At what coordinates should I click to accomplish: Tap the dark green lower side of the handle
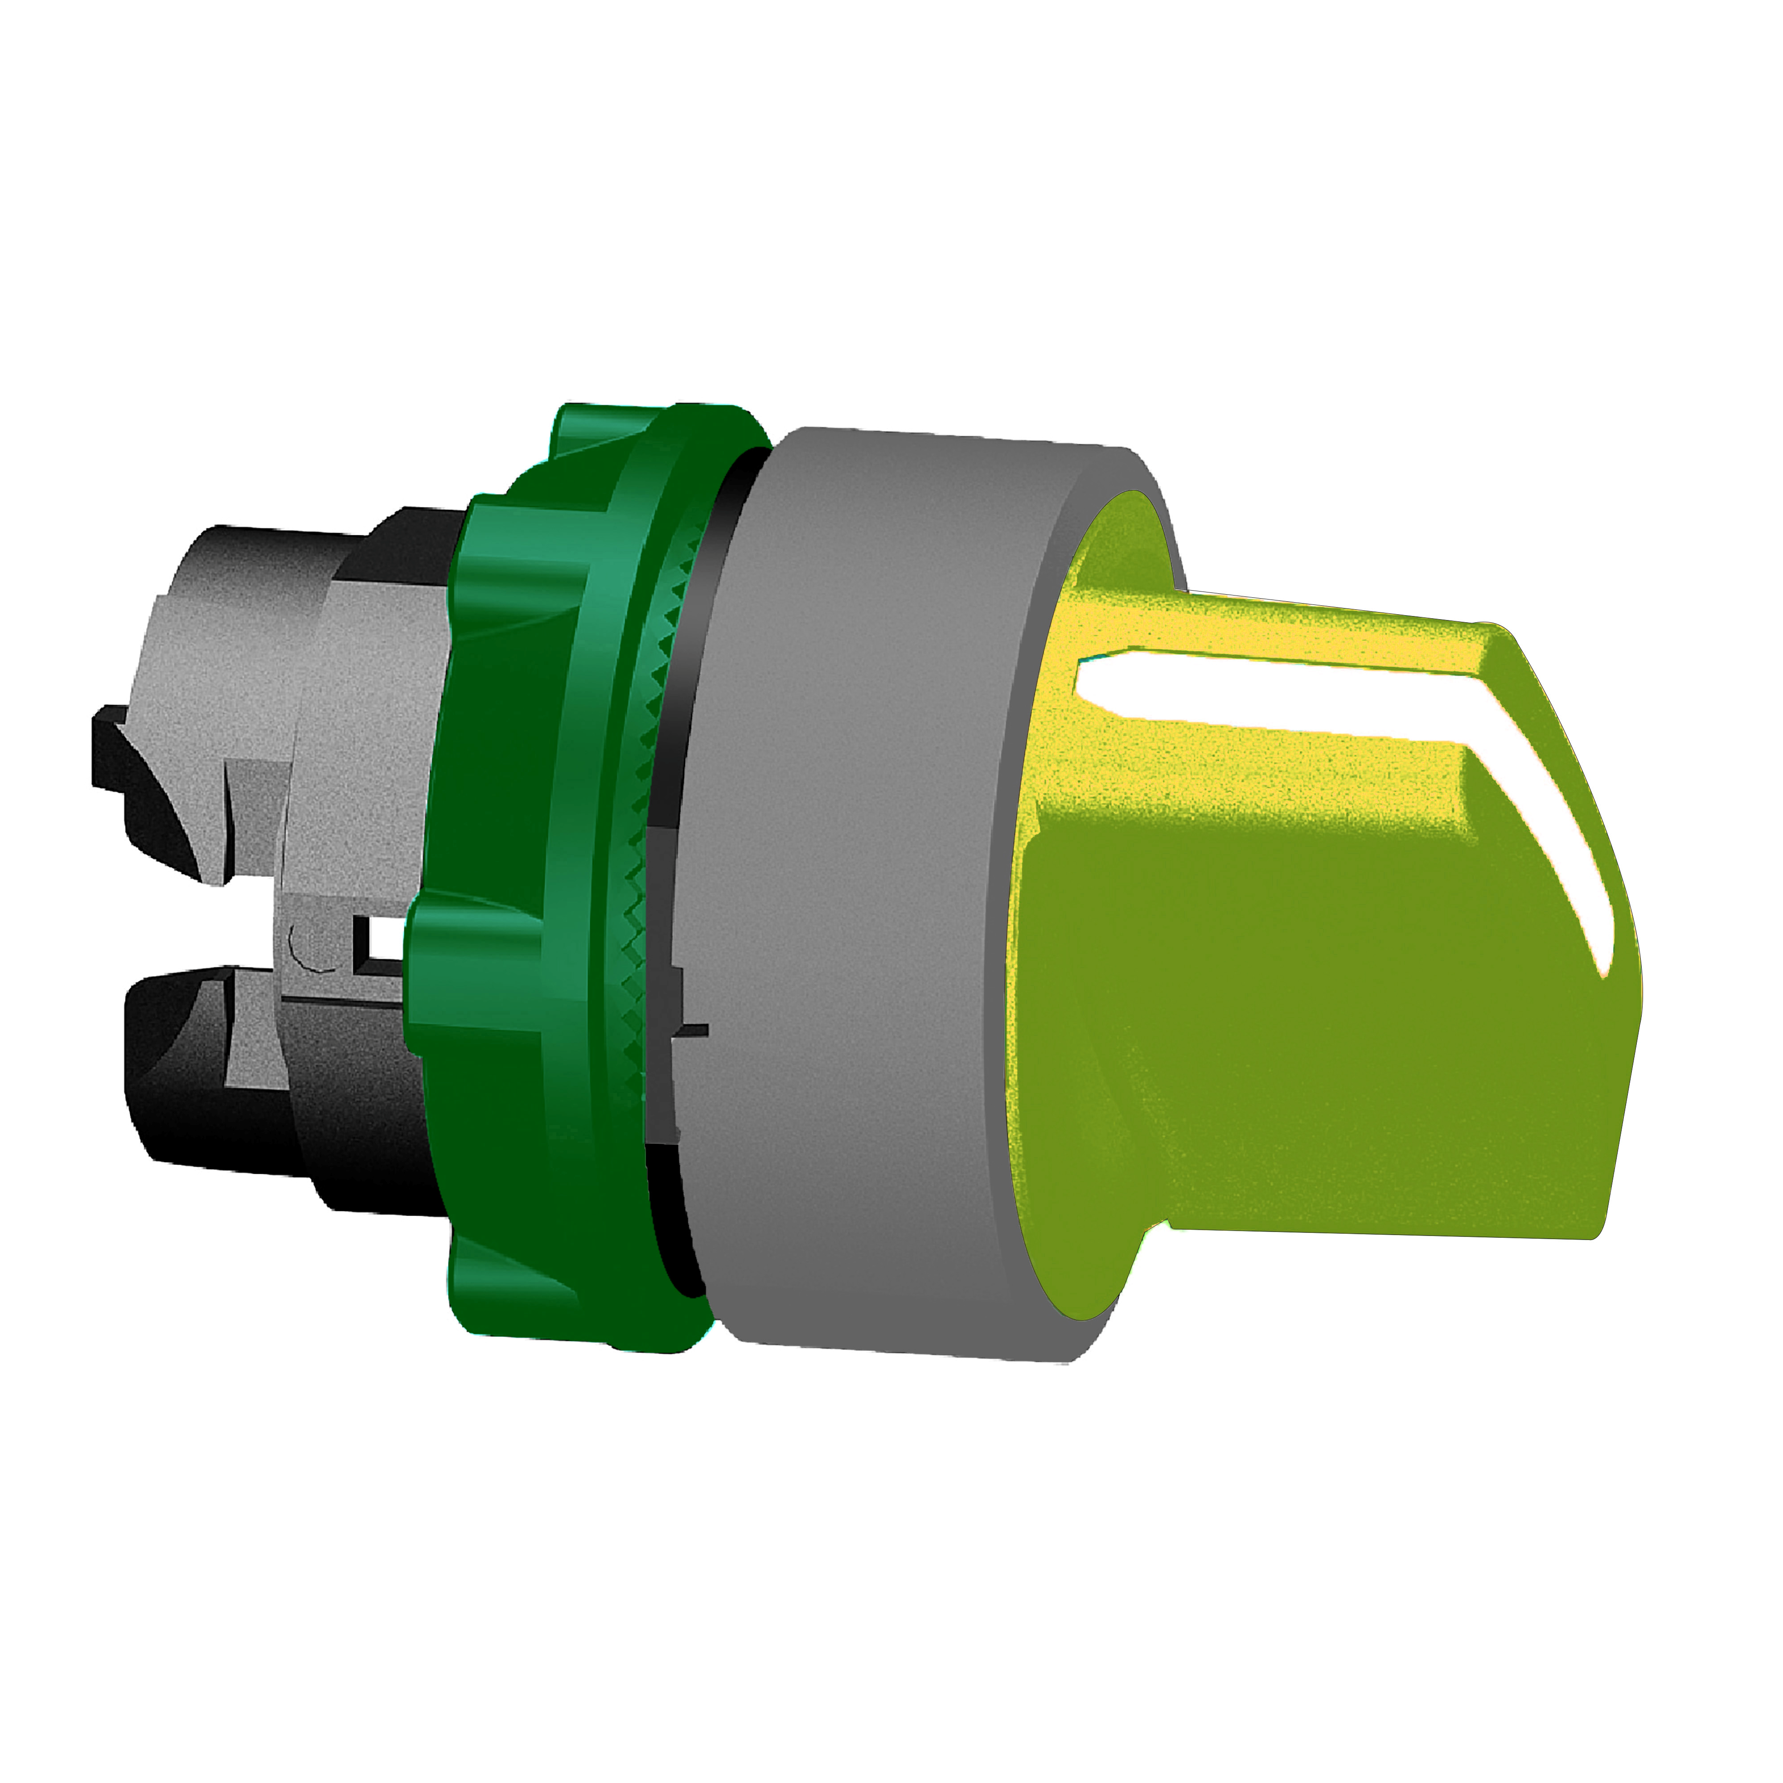tap(1292, 1061)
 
